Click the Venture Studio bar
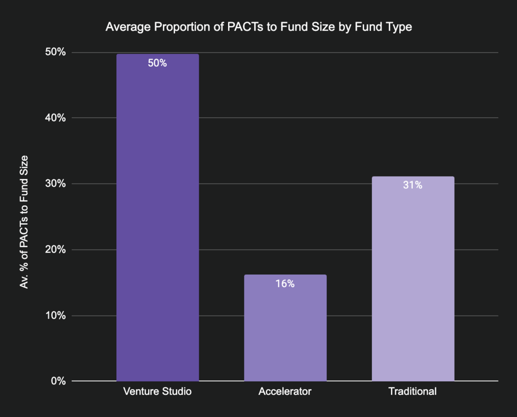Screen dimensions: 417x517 click(x=157, y=217)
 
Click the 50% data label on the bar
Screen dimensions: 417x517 click(x=157, y=63)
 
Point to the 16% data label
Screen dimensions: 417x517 click(x=285, y=283)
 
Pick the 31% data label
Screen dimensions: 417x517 click(x=413, y=185)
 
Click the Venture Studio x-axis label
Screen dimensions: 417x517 click(x=157, y=391)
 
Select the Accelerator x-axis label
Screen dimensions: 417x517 click(x=285, y=391)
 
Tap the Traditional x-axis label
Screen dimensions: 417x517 click(x=413, y=391)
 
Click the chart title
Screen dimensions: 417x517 click(x=258, y=27)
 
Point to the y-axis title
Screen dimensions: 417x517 click(x=24, y=221)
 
